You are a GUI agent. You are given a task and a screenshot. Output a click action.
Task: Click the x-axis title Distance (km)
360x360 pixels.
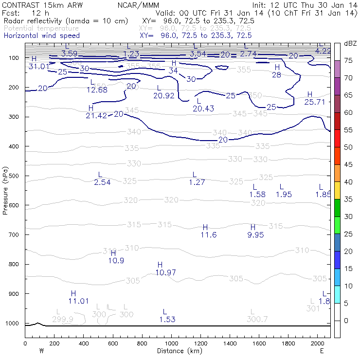pyautogui.click(x=178, y=351)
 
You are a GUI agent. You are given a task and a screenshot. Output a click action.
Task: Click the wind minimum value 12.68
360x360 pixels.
pyautogui.click(x=97, y=90)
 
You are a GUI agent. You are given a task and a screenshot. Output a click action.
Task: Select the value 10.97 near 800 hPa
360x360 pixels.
pyautogui.click(x=165, y=272)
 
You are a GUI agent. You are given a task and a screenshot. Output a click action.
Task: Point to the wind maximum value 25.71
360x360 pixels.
pyautogui.click(x=314, y=102)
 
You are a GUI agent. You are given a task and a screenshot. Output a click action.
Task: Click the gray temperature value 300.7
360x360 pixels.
pyautogui.click(x=257, y=319)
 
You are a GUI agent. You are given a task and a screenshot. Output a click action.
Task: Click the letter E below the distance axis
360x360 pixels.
pyautogui.click(x=322, y=351)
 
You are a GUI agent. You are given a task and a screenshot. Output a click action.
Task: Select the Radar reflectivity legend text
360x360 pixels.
pyautogui.click(x=65, y=21)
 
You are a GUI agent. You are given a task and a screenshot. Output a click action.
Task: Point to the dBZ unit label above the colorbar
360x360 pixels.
pyautogui.click(x=350, y=43)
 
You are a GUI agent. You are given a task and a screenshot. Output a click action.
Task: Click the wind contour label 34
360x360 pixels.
pyautogui.click(x=173, y=71)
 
